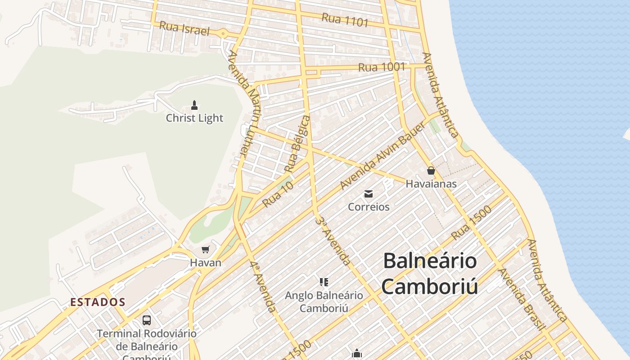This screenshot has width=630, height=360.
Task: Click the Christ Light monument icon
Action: pyautogui.click(x=194, y=105)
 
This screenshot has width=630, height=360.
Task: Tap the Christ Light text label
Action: pyautogui.click(x=194, y=118)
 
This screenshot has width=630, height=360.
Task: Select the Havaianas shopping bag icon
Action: pyautogui.click(x=431, y=171)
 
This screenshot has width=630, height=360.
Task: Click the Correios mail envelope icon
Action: pyautogui.click(x=369, y=194)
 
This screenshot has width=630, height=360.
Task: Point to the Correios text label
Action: pyautogui.click(x=369, y=207)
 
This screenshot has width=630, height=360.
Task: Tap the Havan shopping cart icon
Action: pyautogui.click(x=206, y=249)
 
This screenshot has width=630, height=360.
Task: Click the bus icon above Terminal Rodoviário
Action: pyautogui.click(x=147, y=320)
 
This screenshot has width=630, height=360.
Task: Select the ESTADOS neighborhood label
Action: pyautogui.click(x=98, y=302)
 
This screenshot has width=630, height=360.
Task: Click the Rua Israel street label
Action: pyautogui.click(x=184, y=28)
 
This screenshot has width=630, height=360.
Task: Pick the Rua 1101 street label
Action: pyautogui.click(x=345, y=20)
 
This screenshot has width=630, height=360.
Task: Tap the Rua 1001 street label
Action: pyautogui.click(x=382, y=67)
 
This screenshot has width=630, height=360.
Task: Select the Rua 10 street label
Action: pyautogui.click(x=278, y=194)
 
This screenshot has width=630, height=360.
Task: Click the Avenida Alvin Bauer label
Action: pyautogui.click(x=382, y=156)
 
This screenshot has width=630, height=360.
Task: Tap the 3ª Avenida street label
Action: pyautogui.click(x=333, y=241)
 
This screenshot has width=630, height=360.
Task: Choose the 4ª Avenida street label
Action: pyautogui.click(x=263, y=287)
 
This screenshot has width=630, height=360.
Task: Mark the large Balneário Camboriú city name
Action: pyautogui.click(x=430, y=274)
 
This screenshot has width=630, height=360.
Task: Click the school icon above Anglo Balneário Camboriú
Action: pyautogui.click(x=324, y=282)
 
